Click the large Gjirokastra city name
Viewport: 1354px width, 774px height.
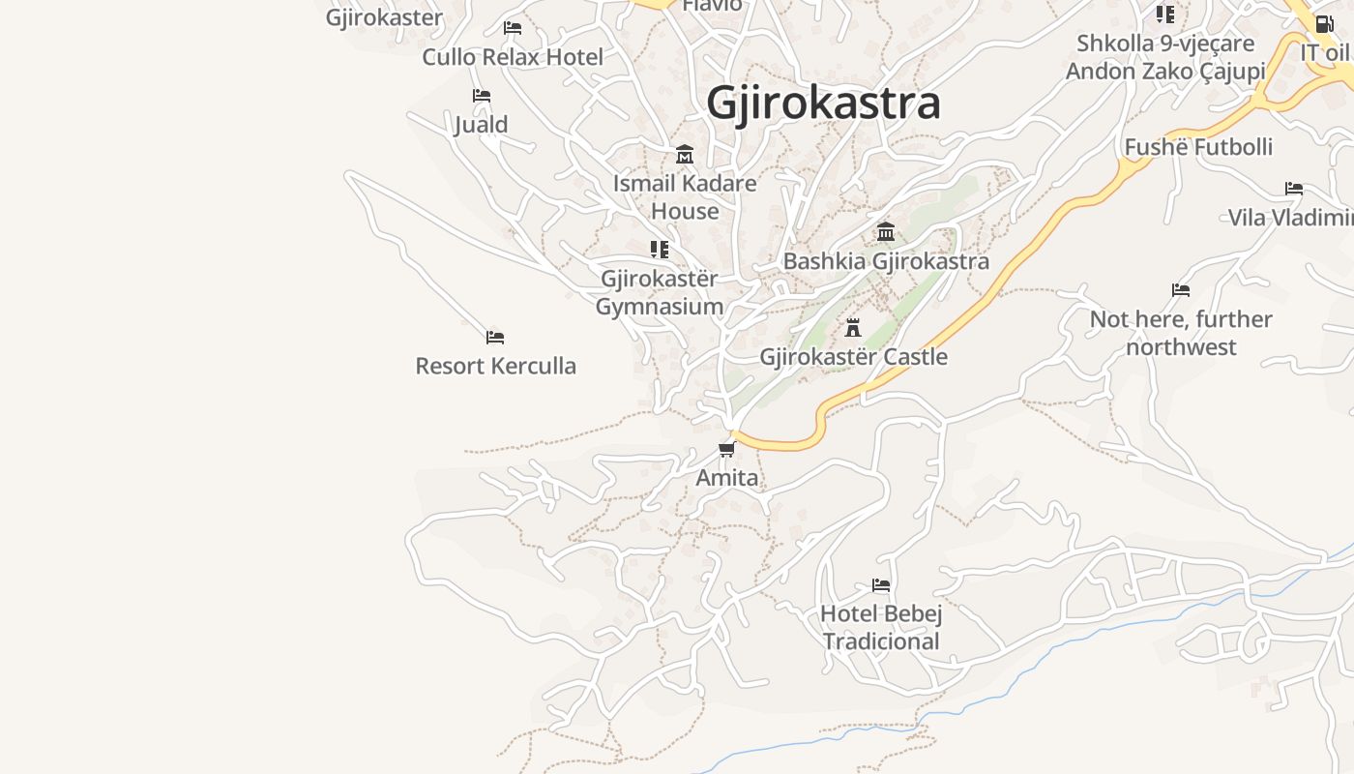(x=823, y=103)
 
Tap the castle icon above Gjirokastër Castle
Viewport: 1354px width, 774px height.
(x=853, y=327)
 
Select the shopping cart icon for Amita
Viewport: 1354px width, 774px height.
(x=727, y=449)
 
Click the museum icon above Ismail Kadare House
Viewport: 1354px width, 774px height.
(x=685, y=154)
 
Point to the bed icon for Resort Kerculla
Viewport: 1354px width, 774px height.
(x=495, y=337)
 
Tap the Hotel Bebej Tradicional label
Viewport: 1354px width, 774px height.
(x=881, y=627)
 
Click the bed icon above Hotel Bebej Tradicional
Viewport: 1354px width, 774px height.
(x=881, y=584)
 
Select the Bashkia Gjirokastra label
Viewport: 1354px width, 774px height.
(x=886, y=261)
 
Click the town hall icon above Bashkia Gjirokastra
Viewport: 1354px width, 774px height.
(x=886, y=231)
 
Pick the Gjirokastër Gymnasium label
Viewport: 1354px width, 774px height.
(x=660, y=292)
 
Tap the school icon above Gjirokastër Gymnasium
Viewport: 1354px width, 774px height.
(x=660, y=250)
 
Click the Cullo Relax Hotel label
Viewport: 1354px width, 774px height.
(x=513, y=57)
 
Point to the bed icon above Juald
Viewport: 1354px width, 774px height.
(x=482, y=95)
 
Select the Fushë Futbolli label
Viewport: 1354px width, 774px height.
(x=1198, y=147)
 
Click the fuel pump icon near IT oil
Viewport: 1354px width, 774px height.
(x=1324, y=23)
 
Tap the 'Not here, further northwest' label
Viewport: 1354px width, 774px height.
(x=1181, y=333)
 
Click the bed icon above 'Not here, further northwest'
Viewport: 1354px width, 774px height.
(x=1181, y=289)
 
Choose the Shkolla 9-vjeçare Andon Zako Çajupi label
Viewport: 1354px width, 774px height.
(x=1165, y=57)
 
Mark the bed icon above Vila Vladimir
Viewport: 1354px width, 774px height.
(x=1294, y=188)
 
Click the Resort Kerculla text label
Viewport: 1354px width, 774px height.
(x=496, y=366)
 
